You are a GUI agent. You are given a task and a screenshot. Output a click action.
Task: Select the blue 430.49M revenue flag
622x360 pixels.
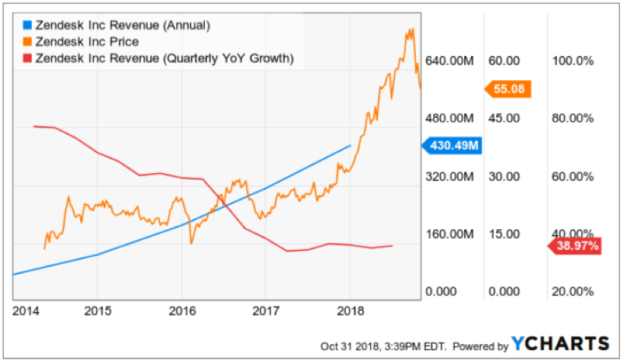(452, 146)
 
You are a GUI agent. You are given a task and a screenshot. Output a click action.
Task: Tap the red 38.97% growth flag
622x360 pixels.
(576, 246)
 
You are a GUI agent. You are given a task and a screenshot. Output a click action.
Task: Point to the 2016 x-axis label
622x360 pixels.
(181, 309)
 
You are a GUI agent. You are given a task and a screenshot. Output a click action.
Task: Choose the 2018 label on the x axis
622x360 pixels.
(351, 309)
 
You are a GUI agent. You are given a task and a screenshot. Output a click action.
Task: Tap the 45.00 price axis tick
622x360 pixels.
(504, 118)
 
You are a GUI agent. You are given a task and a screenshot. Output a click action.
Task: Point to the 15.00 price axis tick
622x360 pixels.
(504, 234)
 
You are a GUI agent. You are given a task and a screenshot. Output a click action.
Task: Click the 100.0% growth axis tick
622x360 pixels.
(574, 61)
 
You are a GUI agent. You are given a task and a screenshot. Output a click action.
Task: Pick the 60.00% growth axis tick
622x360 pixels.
(574, 177)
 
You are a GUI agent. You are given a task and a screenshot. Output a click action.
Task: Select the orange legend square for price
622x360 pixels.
(26, 42)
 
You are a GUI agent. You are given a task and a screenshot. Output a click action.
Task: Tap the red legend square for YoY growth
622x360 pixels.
(26, 59)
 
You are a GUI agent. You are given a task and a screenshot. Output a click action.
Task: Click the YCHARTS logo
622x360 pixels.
(560, 343)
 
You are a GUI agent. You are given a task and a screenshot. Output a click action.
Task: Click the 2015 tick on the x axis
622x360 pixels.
(96, 309)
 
